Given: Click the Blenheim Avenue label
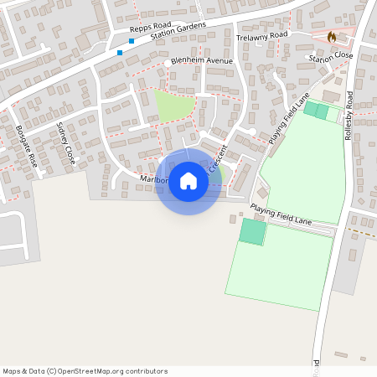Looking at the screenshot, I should tap(201, 61).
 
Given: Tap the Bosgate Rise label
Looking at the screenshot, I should tap(27, 145).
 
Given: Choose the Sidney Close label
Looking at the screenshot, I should tap(65, 142).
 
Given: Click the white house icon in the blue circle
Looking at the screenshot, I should tap(188, 180).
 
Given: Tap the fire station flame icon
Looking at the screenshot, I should tap(333, 38).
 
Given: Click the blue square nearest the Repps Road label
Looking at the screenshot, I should tap(132, 40).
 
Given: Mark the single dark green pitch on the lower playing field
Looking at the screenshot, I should tap(252, 232).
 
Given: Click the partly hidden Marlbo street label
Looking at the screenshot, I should tap(154, 178).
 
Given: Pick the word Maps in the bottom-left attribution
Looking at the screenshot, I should tap(12, 370).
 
